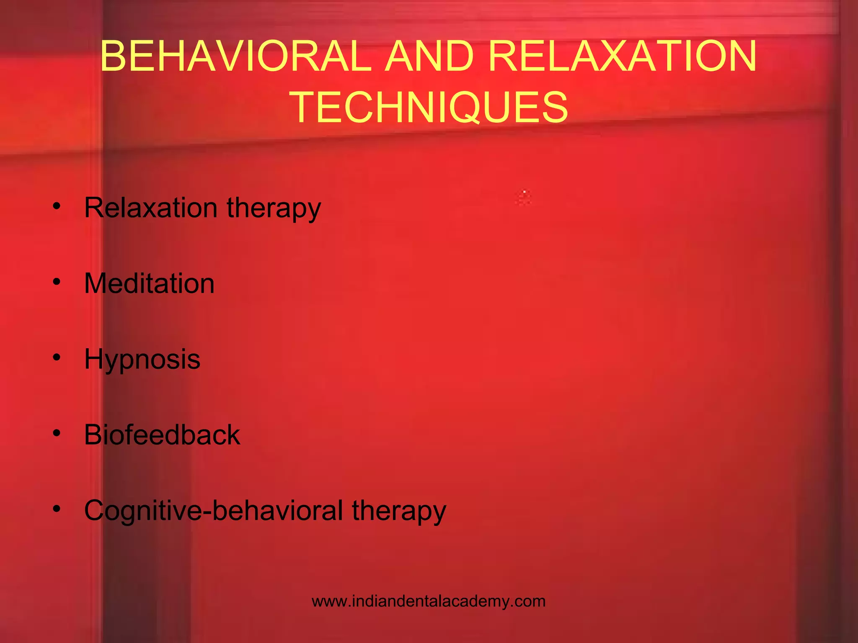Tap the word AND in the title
pyautogui.click(x=429, y=56)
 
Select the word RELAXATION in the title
pyautogui.click(x=623, y=56)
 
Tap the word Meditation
pyautogui.click(x=149, y=283)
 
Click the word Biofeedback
pyautogui.click(x=162, y=435)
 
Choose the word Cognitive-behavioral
pyautogui.click(x=214, y=511)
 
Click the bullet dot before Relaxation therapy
pyautogui.click(x=57, y=206)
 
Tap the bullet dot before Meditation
pyautogui.click(x=57, y=282)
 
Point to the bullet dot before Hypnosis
pyautogui.click(x=57, y=358)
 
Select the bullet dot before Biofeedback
pyautogui.click(x=57, y=433)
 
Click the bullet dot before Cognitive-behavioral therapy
pyautogui.click(x=57, y=509)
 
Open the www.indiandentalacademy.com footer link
pyautogui.click(x=429, y=601)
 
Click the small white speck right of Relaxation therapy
pyautogui.click(x=524, y=192)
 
